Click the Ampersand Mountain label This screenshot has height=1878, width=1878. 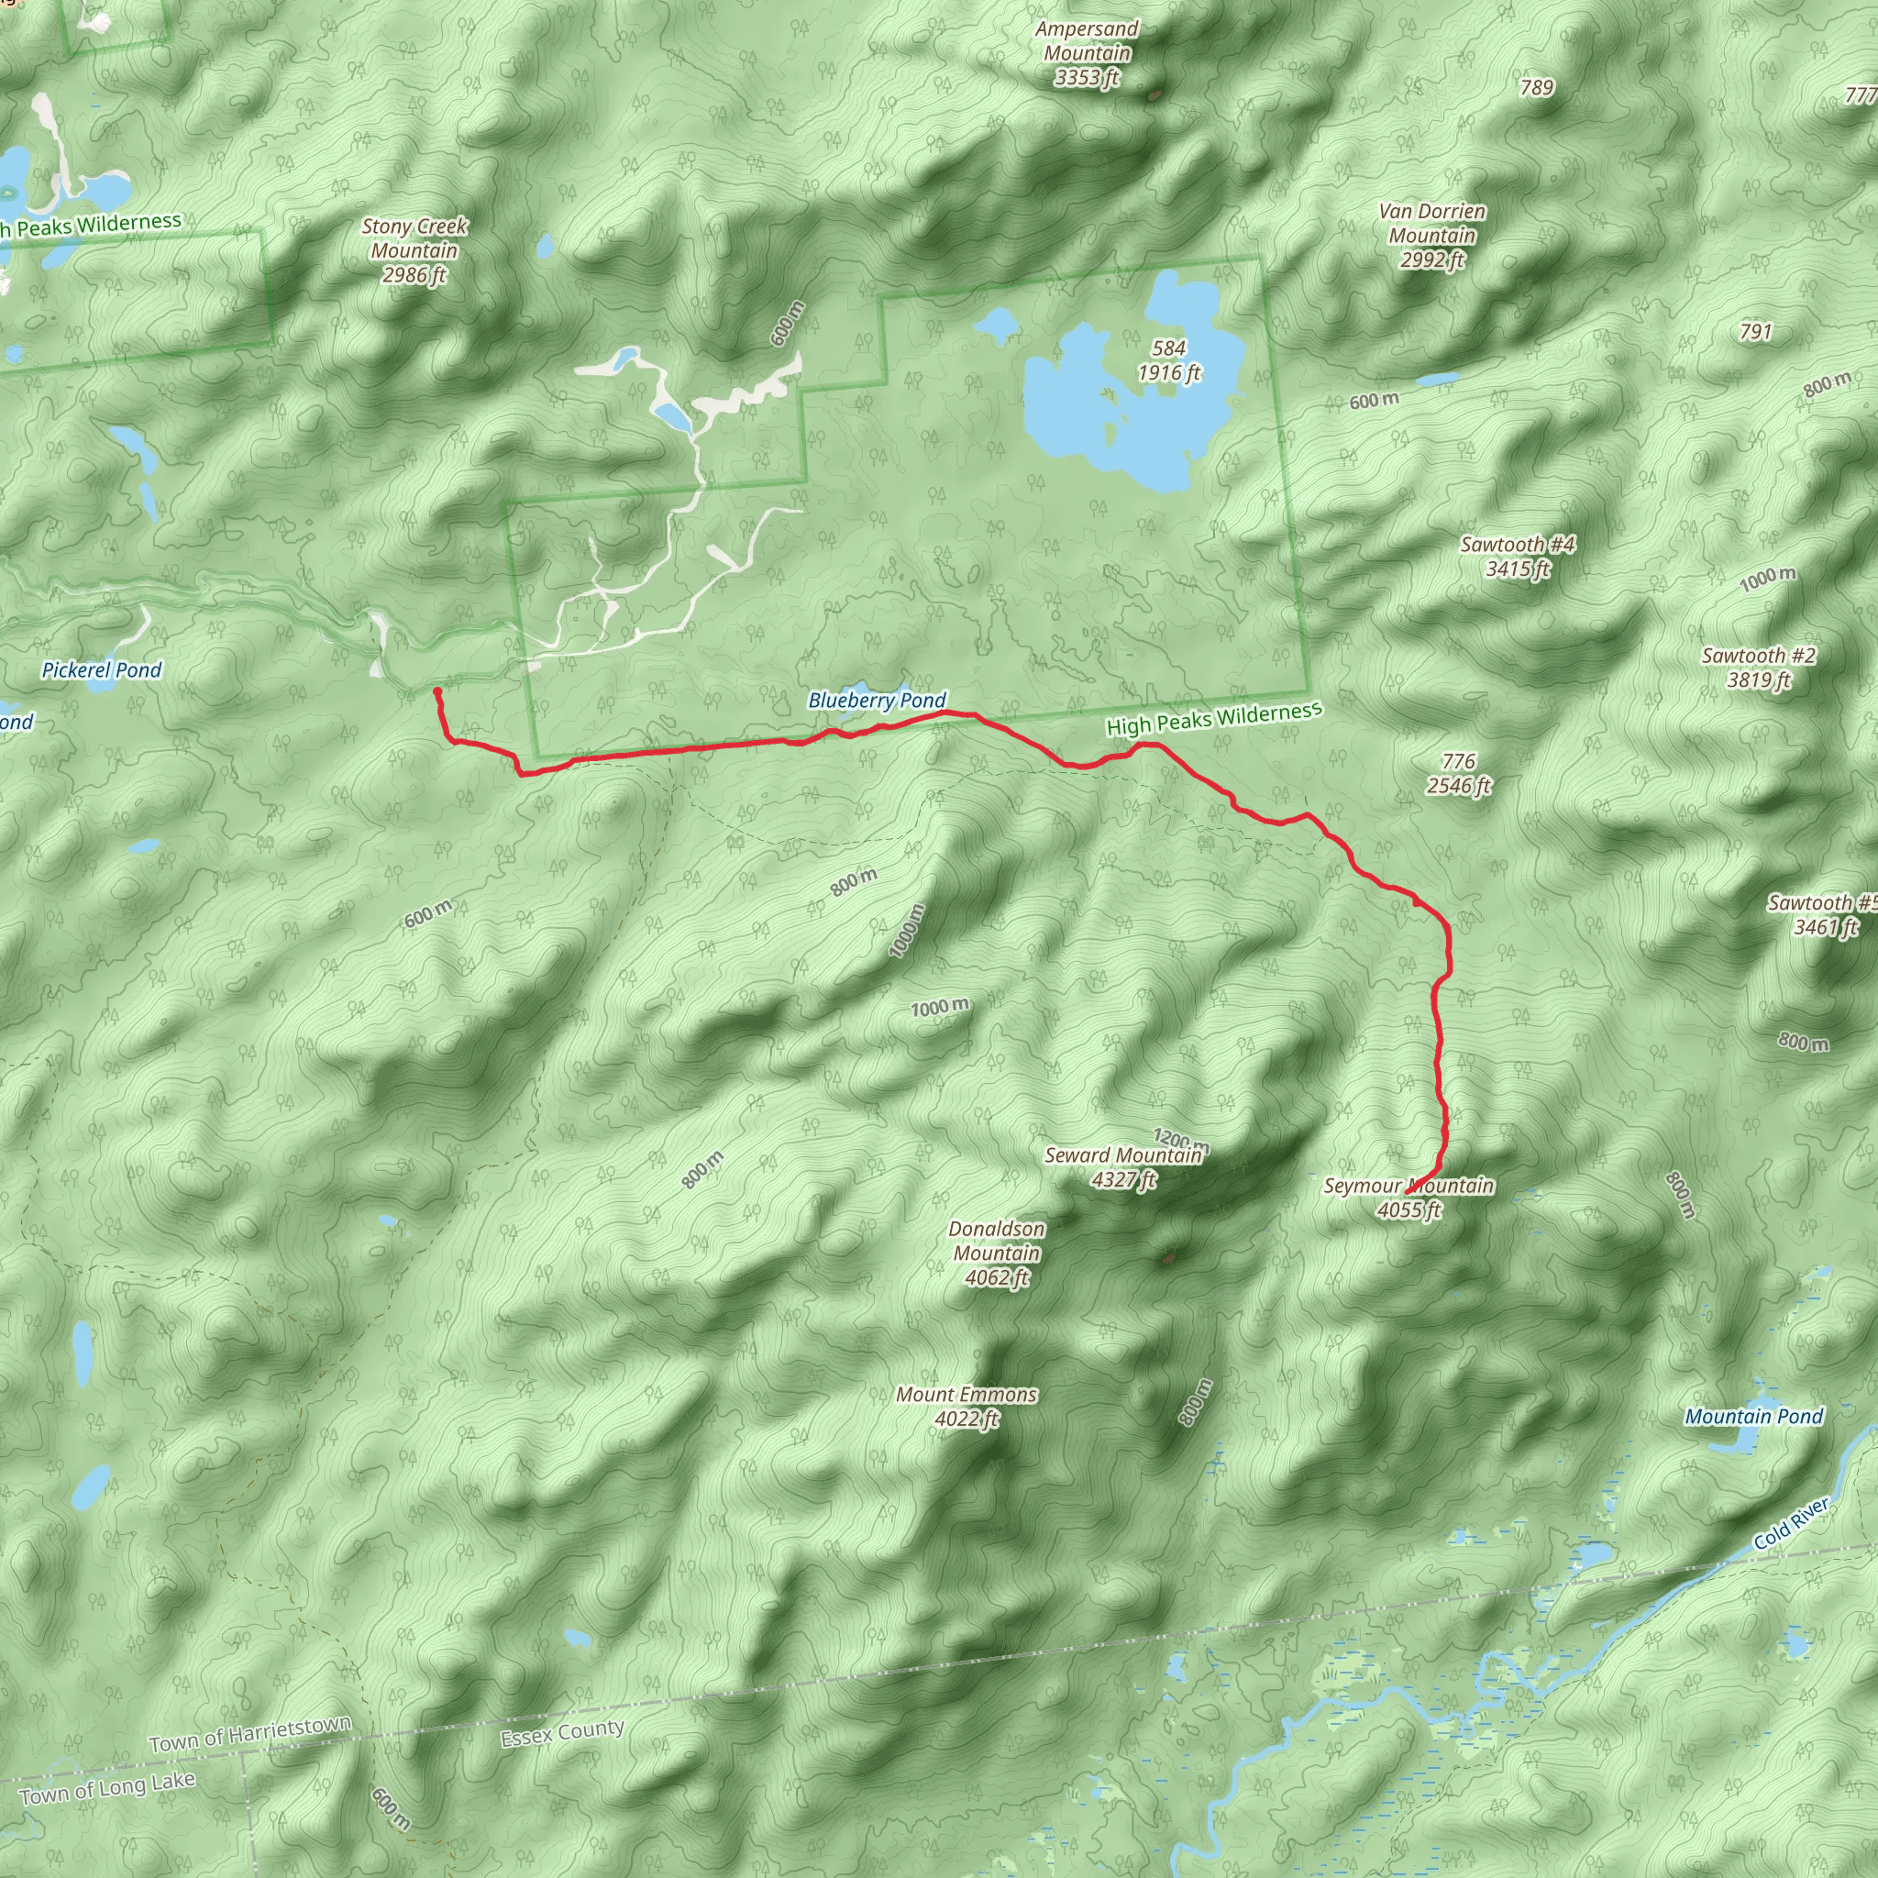tap(1087, 54)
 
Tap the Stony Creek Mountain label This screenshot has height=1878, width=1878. tap(414, 250)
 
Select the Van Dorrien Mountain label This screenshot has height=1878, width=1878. tap(1431, 237)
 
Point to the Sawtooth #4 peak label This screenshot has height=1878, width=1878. tap(1517, 557)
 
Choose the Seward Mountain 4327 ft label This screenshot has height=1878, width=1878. tap(1123, 1167)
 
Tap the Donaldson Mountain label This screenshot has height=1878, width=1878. tap(997, 1253)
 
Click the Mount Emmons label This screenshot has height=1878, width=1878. tap(967, 1407)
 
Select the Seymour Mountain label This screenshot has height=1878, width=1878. tap(1408, 1198)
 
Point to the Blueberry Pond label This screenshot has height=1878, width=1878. tap(877, 701)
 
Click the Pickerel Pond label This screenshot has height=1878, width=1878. tap(101, 669)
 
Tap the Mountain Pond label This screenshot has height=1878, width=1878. tap(1753, 1416)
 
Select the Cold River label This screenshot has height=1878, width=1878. tap(1791, 1523)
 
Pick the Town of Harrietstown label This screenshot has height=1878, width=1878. tap(249, 1734)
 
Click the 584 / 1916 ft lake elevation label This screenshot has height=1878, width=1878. tap(1169, 360)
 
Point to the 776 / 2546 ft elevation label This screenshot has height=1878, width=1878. tap(1458, 774)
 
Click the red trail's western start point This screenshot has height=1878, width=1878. tap(437, 692)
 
